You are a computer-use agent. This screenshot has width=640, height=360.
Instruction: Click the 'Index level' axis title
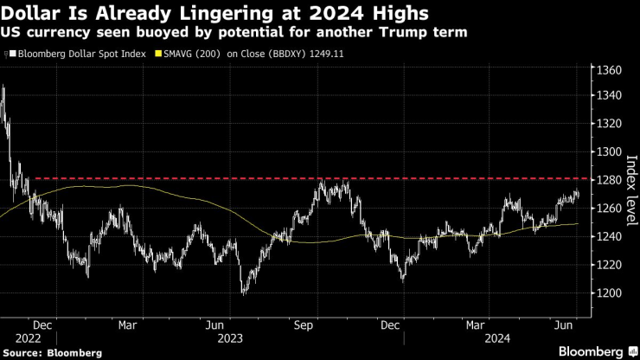click(x=630, y=189)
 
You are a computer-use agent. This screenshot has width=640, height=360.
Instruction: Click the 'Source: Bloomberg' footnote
click(x=53, y=352)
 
